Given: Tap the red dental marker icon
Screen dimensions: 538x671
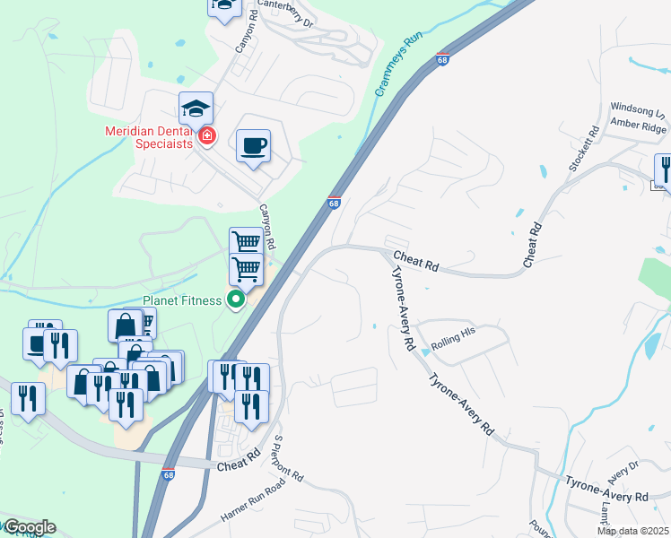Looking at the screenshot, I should pos(208,137).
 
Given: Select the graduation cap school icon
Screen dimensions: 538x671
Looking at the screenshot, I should pos(196,110).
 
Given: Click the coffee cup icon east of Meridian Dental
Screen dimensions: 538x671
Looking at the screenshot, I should pos(253,144).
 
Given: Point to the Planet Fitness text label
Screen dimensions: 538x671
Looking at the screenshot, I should pos(181,300).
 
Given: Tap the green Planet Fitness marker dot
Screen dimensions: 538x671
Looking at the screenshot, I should pos(236,299).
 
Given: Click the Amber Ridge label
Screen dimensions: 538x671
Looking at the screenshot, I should pos(638,126).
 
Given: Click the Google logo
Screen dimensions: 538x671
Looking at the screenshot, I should pos(30,527).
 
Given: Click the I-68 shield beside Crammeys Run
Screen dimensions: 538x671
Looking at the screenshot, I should pos(442,60).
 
